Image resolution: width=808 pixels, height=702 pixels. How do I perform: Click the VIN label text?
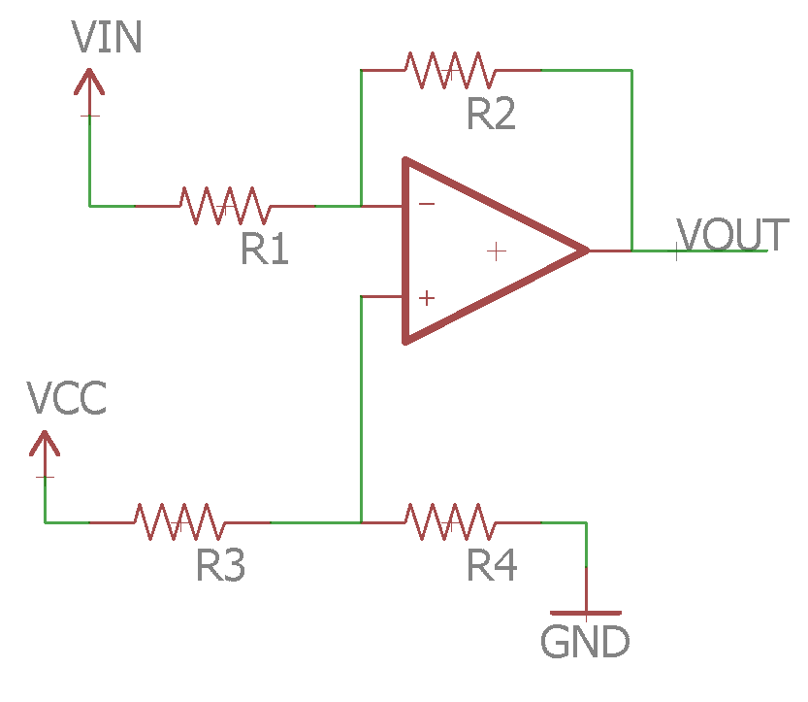[108, 38]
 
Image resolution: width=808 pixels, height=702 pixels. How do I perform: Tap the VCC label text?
[66, 399]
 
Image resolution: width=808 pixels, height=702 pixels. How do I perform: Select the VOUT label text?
[732, 236]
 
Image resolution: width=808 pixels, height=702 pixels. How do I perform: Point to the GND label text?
[585, 642]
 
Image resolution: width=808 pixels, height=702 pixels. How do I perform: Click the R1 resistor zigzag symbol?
[224, 206]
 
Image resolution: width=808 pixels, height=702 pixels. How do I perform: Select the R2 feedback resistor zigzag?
[450, 70]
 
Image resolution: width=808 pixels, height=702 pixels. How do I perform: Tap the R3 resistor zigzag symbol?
[179, 522]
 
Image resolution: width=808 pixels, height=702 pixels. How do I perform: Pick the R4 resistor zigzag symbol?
[450, 522]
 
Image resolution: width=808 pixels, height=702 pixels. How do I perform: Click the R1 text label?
[265, 251]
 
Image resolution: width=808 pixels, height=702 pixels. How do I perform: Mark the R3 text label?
[220, 565]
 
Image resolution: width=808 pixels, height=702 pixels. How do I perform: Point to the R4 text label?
[492, 565]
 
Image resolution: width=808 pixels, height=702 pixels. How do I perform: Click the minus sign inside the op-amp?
[426, 205]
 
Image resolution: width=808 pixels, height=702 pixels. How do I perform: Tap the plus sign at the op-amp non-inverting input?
[426, 298]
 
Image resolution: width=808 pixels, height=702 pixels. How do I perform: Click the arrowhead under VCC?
[44, 443]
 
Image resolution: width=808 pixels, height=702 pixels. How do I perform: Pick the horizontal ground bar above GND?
[586, 614]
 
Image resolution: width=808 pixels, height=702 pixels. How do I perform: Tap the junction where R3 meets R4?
[361, 522]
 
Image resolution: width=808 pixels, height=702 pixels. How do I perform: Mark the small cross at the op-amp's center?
[497, 251]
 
